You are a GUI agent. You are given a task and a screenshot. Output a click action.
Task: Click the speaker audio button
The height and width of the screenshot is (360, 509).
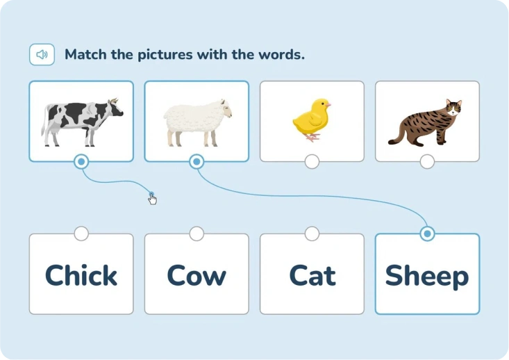[x=42, y=55]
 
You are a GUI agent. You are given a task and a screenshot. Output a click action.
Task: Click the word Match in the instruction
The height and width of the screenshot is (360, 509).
[x=85, y=54]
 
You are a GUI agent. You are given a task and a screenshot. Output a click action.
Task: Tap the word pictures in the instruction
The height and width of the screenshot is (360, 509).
[x=165, y=55]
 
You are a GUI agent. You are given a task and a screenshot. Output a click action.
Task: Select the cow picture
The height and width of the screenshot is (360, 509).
[x=82, y=122]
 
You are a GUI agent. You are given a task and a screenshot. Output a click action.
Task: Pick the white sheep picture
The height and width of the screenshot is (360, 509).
[x=198, y=123]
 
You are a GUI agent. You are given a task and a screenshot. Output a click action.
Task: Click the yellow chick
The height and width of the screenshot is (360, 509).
[x=312, y=120]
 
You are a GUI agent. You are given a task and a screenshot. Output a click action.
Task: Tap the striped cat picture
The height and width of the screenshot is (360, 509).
[x=425, y=123]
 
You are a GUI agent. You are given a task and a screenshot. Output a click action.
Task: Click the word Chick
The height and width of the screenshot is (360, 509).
[x=81, y=275]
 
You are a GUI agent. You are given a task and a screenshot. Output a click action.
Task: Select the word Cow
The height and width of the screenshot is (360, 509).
[x=197, y=275]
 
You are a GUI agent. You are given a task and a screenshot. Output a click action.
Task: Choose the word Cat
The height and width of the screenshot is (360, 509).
[x=312, y=275]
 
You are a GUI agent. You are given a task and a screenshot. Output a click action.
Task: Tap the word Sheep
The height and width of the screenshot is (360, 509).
[x=427, y=277]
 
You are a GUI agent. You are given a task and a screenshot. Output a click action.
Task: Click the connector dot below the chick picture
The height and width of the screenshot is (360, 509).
[x=312, y=161]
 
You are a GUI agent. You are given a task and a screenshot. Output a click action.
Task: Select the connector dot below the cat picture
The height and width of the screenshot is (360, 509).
[x=427, y=161]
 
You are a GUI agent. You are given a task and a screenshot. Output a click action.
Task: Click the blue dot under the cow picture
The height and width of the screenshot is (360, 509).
[x=81, y=161]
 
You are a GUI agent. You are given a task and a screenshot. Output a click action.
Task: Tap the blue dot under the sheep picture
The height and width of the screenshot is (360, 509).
[x=197, y=161]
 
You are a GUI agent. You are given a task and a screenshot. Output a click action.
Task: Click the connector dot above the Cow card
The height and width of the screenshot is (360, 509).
[x=197, y=234]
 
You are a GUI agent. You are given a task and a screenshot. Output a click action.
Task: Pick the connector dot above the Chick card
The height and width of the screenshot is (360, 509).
[x=81, y=234]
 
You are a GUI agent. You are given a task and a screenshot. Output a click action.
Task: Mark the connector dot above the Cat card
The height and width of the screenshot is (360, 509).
[x=312, y=234]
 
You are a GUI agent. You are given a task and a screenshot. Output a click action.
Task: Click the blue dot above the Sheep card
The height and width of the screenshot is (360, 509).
[x=427, y=234]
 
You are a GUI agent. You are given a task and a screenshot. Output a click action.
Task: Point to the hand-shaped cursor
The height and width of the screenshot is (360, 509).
[x=152, y=199]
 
